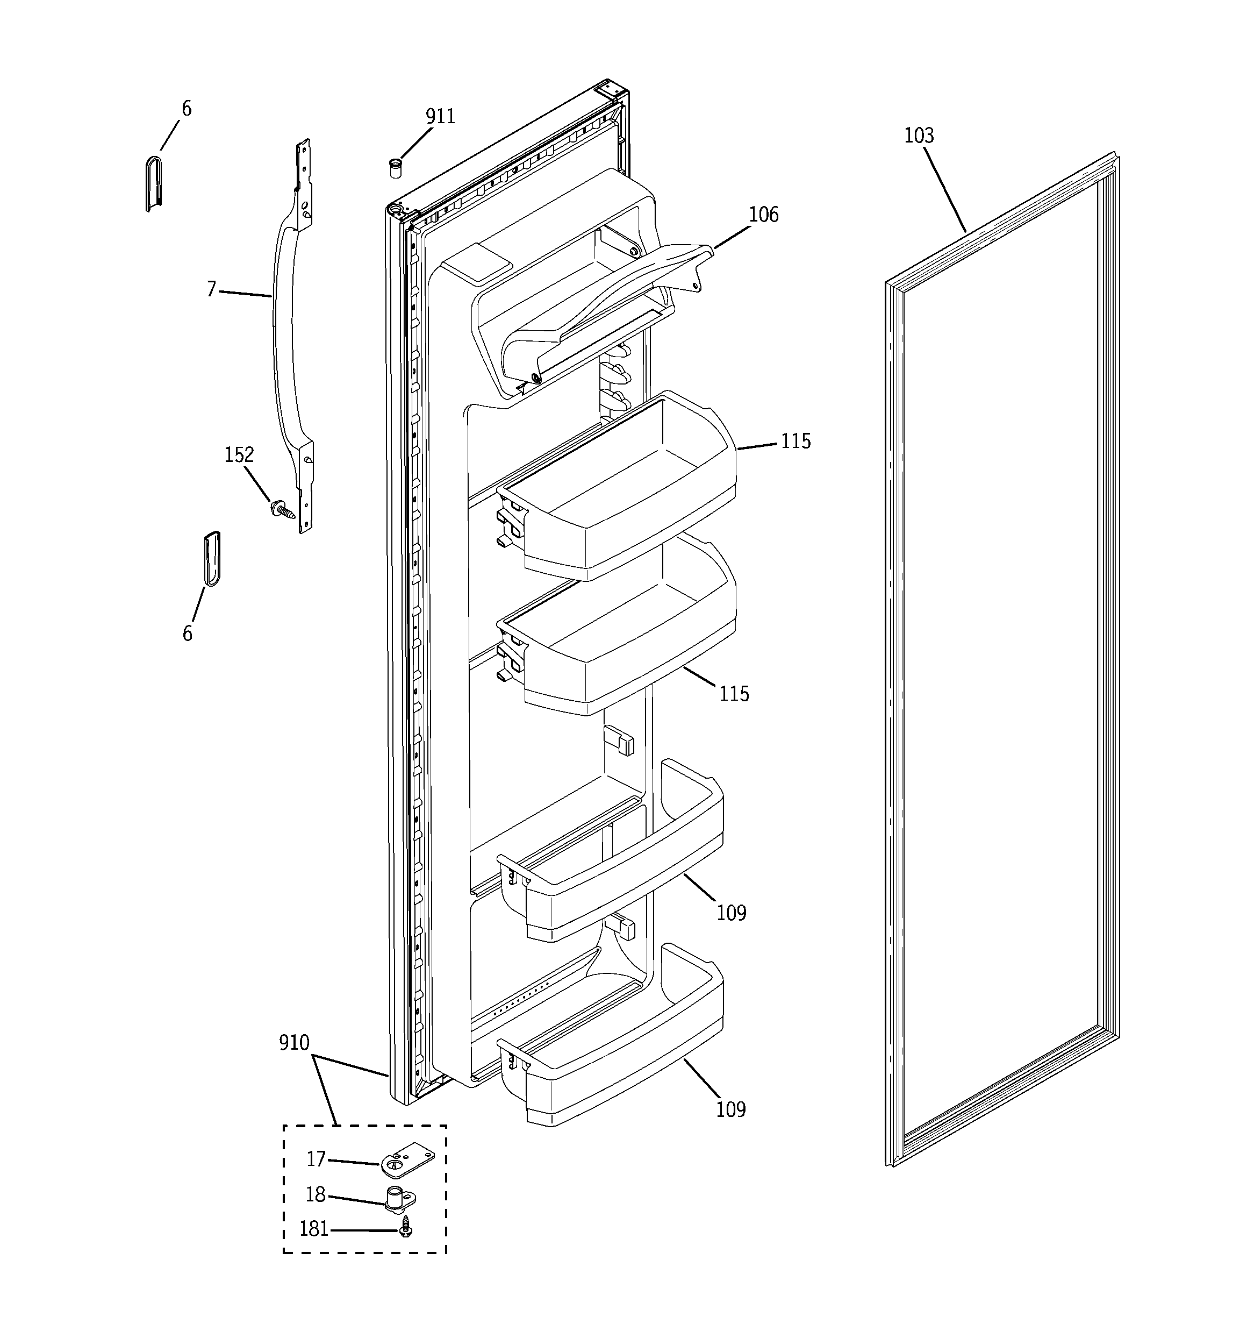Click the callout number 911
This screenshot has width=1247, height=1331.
click(440, 117)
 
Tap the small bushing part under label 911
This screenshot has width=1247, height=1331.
click(396, 167)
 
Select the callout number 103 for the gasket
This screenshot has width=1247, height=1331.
click(919, 136)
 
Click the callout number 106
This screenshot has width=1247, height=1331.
click(763, 215)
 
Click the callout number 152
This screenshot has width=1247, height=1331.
click(239, 455)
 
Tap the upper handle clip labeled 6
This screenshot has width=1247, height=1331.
click(154, 183)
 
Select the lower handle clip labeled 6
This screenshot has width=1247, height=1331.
click(212, 558)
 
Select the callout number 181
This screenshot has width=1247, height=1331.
click(313, 1229)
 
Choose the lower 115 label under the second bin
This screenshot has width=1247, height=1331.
click(734, 694)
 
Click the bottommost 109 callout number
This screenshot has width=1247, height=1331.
click(730, 1110)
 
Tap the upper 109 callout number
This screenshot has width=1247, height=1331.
click(731, 913)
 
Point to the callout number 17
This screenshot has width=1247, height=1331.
click(316, 1159)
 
